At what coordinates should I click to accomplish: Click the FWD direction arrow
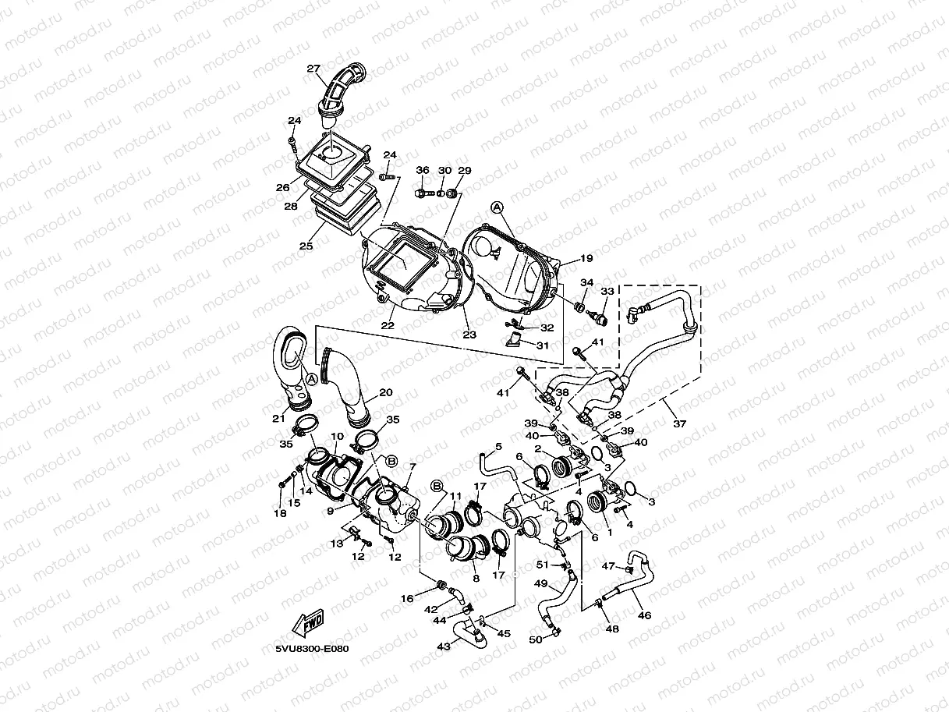pyautogui.click(x=309, y=623)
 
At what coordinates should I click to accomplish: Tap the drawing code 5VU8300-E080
pyautogui.click(x=311, y=648)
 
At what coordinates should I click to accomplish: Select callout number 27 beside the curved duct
pyautogui.click(x=313, y=69)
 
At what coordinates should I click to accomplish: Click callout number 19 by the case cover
pyautogui.click(x=586, y=258)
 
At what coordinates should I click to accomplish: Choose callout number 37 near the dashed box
pyautogui.click(x=680, y=423)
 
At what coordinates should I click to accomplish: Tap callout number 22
pyautogui.click(x=388, y=324)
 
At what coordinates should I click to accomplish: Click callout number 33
pyautogui.click(x=607, y=291)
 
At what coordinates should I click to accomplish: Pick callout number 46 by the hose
pyautogui.click(x=644, y=615)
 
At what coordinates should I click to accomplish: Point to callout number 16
pyautogui.click(x=407, y=598)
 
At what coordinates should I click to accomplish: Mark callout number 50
pyautogui.click(x=535, y=639)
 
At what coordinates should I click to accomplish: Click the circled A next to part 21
pyautogui.click(x=311, y=378)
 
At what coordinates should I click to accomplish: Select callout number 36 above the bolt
pyautogui.click(x=423, y=170)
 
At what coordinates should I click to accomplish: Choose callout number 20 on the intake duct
pyautogui.click(x=386, y=392)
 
